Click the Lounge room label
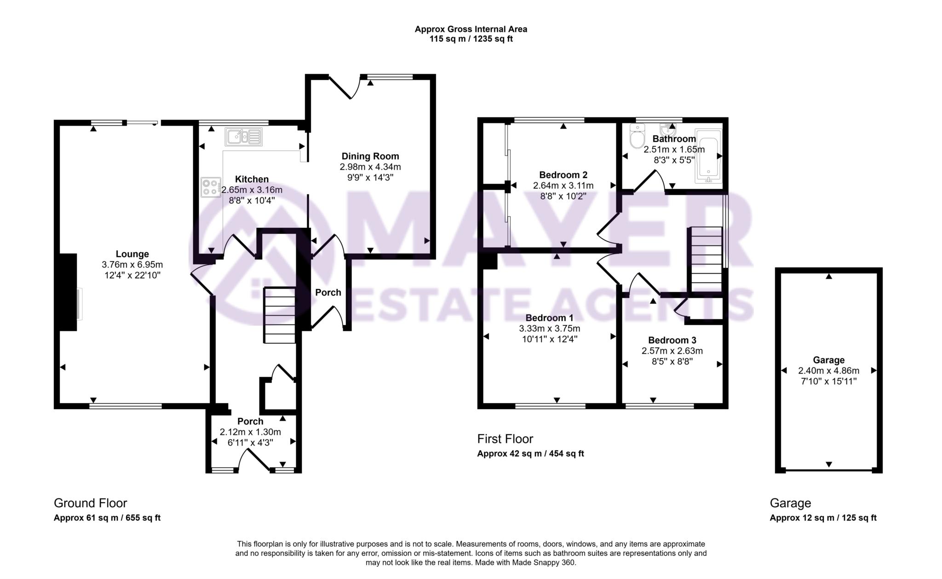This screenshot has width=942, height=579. click(x=132, y=254)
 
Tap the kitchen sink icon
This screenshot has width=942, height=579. click(x=243, y=137)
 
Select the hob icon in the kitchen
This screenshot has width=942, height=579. click(x=210, y=187)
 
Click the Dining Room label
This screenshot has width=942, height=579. click(x=370, y=156)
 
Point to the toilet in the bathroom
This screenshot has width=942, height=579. click(x=637, y=137)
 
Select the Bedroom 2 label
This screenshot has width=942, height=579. click(x=563, y=175)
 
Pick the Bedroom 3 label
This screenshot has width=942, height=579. click(x=672, y=340)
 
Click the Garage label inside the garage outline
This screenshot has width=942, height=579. click(x=828, y=360)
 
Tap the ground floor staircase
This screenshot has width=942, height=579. click(x=279, y=315)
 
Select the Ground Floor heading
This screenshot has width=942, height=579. click(x=90, y=503)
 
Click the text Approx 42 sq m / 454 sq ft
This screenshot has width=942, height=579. click(x=530, y=453)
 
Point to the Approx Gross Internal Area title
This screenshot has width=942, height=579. click(x=471, y=29)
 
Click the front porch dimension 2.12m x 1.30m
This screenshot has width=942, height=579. click(x=250, y=432)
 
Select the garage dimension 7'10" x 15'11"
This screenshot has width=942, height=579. click(x=828, y=381)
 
